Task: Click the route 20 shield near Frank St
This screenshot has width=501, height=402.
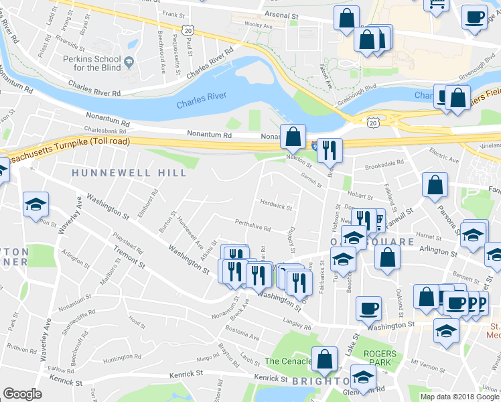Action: [187, 30]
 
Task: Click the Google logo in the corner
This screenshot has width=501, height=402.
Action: [21, 394]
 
